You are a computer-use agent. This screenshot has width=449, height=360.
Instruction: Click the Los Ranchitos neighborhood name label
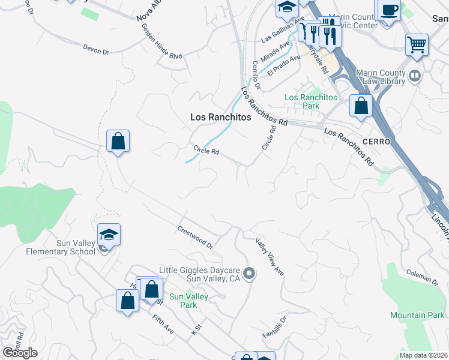point(220,118)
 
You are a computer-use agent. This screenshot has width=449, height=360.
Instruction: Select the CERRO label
point(376,142)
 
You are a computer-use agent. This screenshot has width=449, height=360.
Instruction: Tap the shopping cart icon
point(417,44)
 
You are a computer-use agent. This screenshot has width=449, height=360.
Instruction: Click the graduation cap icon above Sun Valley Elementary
point(109,234)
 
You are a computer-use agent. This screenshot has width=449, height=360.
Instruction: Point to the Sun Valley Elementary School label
point(60,247)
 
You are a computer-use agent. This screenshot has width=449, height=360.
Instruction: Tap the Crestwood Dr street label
point(195,237)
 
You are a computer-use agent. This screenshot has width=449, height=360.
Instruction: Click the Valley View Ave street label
point(270,257)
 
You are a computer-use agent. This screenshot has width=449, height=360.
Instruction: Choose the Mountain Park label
point(417,315)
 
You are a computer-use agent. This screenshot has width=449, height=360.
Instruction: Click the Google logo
point(19,353)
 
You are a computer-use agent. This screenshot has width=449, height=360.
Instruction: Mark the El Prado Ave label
point(284,66)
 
